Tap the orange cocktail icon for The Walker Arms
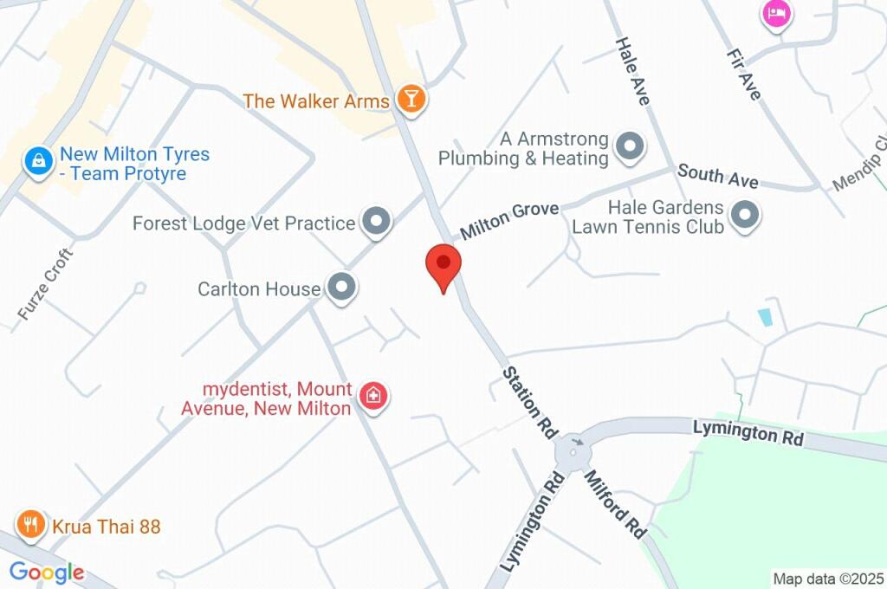[x=411, y=100]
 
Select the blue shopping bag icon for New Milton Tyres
[x=38, y=160]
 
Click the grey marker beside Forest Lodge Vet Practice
[x=376, y=222]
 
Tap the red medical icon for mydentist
[x=374, y=397]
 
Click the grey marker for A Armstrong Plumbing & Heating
[x=630, y=147]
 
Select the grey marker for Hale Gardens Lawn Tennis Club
[x=744, y=215]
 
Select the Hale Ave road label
[x=632, y=72]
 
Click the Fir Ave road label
[x=742, y=74]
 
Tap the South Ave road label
[x=717, y=176]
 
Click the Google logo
[x=47, y=572]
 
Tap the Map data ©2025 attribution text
[x=829, y=579]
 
